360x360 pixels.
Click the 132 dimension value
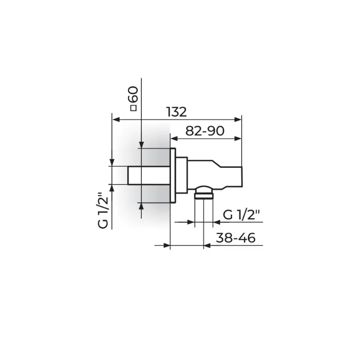[x=176, y=112]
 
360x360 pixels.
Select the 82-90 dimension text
[x=205, y=131]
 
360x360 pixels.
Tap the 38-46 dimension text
[x=235, y=238]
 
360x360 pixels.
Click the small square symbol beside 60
[x=133, y=108]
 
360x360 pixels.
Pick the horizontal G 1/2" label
[x=241, y=215]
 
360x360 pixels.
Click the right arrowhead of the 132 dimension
[x=238, y=119]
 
